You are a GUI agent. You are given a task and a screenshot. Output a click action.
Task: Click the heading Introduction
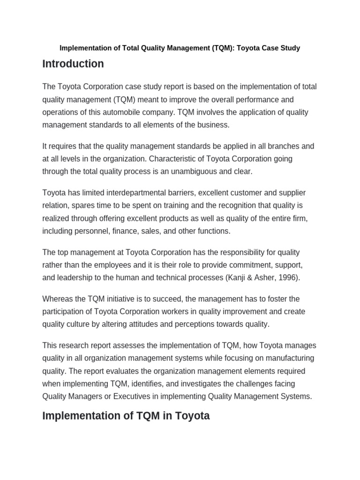[x=73, y=64]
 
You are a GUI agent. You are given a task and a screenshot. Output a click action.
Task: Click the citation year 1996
[x=288, y=277]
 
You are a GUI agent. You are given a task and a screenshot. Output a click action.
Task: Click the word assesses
[x=135, y=345]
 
